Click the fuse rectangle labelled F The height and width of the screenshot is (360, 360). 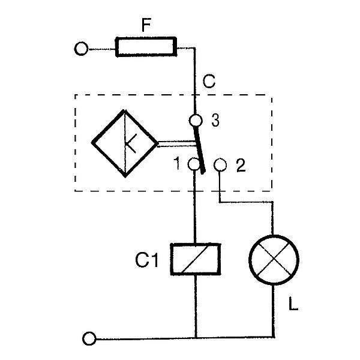click(146, 47)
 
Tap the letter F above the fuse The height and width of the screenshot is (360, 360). click(145, 25)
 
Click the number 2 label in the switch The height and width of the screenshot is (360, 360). click(241, 166)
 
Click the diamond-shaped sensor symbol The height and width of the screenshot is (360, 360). click(124, 143)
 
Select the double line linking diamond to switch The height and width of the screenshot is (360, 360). click(175, 143)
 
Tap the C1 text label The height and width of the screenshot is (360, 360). click(148, 260)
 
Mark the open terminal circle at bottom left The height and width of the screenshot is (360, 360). click(90, 339)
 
